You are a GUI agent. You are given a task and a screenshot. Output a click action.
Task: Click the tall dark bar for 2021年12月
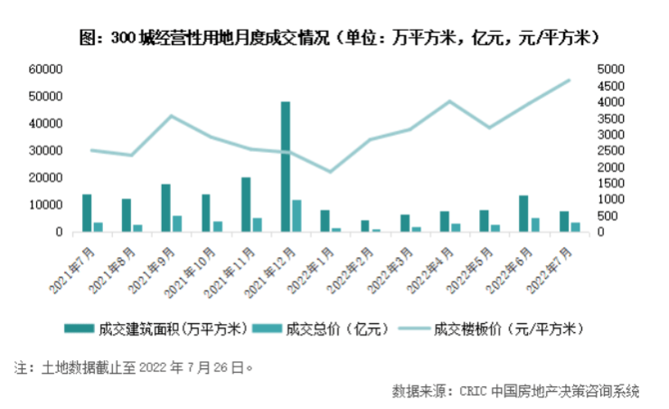tap(286, 166)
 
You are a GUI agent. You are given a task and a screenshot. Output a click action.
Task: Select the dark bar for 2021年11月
tap(246, 204)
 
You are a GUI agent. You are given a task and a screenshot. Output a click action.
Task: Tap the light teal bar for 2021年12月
tap(297, 215)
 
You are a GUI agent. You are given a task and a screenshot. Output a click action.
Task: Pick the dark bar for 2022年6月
tap(523, 214)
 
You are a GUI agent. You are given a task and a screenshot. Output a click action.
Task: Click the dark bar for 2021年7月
tap(87, 213)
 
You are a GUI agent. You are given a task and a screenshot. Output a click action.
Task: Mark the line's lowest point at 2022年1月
tap(331, 172)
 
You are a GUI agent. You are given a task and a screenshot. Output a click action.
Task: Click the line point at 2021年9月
tap(172, 116)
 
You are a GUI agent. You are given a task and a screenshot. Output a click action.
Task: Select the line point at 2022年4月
tap(450, 101)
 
